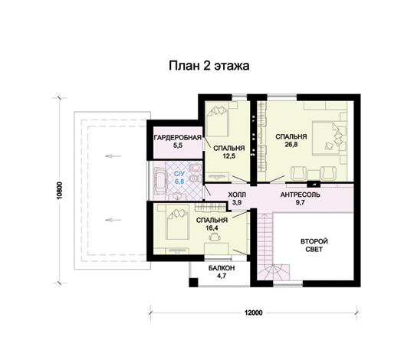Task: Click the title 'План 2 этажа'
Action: click(209, 66)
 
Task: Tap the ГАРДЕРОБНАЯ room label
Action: click(178, 137)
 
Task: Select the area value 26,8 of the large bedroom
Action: click(291, 144)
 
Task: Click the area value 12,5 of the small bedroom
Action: click(229, 155)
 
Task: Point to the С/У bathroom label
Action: click(179, 174)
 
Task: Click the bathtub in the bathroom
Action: click(159, 181)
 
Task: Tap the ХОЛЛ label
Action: click(237, 195)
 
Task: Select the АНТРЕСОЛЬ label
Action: click(301, 195)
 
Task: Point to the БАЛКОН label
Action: click(222, 268)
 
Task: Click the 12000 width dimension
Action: click(254, 313)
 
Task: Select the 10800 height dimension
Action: click(60, 191)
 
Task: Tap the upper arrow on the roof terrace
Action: click(113, 156)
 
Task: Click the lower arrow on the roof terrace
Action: click(113, 220)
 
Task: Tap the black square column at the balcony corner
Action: click(193, 283)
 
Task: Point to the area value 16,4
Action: click(212, 227)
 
